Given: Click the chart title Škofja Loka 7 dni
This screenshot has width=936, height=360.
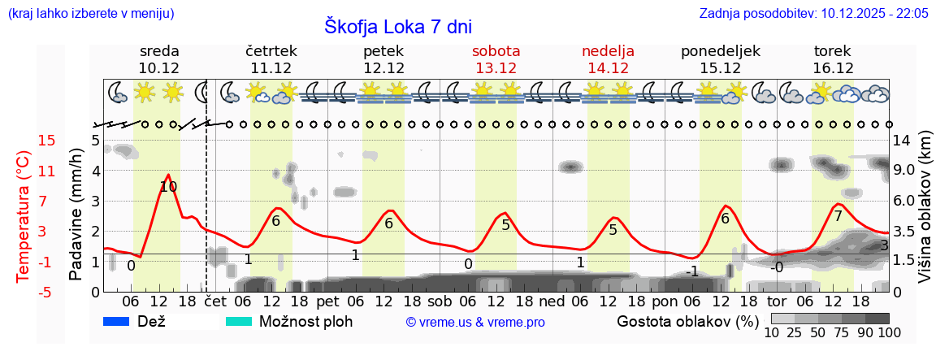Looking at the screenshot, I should pos(397,25).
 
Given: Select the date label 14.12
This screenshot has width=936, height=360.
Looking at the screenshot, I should pos(608,68).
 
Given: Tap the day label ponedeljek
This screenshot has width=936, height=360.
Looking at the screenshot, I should pos(720,50).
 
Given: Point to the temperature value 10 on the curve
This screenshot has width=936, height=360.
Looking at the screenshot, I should pos(168,187).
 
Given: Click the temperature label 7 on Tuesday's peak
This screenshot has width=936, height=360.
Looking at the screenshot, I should pos(838,216).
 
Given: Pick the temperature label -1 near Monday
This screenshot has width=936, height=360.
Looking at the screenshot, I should pos(693,271).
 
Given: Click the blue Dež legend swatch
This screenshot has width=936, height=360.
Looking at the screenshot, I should pos(122,321).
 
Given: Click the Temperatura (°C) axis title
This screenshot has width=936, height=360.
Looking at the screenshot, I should pos(24,217).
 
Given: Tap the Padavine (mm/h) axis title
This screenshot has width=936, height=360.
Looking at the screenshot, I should pos(76,215).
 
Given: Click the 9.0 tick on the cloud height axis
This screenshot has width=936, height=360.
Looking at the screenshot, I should pos(905,171).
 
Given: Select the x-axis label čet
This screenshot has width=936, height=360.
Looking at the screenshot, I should pos(214,300).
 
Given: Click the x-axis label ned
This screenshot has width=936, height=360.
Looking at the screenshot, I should pos(552,300).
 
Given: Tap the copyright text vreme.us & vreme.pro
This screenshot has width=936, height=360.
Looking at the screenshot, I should pos(475,322).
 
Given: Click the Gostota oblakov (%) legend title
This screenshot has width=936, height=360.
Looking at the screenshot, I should pos(687,321).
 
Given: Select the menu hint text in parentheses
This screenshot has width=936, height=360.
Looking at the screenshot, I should pos(90,14).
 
